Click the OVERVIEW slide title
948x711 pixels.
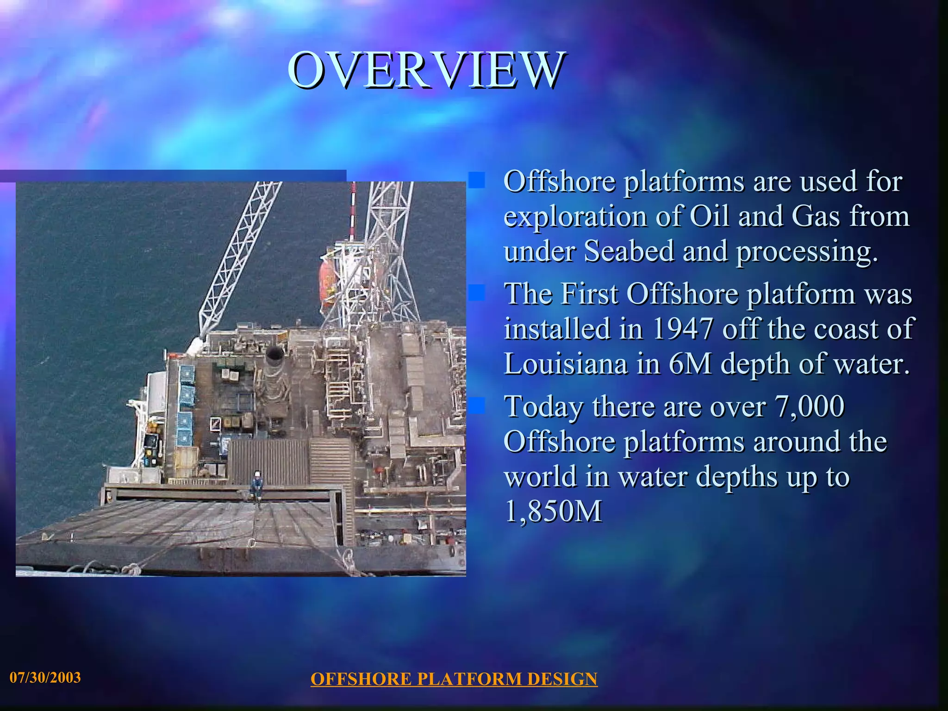point(426,70)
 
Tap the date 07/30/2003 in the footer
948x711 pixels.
point(45,678)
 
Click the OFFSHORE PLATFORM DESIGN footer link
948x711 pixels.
point(454,679)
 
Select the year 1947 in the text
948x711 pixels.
point(683,329)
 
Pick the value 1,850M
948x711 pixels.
point(553,511)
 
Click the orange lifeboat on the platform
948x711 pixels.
point(328,282)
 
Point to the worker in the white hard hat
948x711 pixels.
point(257,484)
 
